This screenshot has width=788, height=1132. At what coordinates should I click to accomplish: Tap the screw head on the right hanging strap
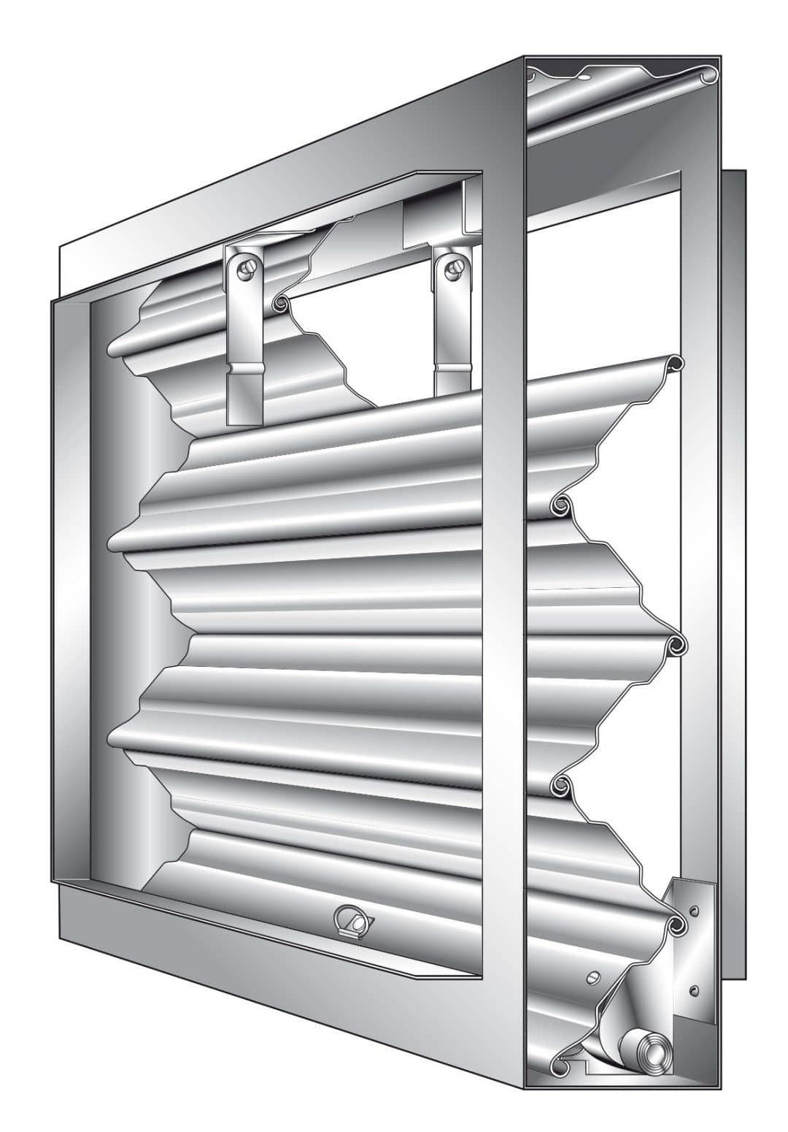pyautogui.click(x=455, y=268)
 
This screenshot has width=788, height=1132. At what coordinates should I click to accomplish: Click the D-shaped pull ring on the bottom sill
pyautogui.click(x=352, y=919)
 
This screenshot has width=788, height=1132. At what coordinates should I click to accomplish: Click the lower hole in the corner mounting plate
pyautogui.click(x=693, y=990)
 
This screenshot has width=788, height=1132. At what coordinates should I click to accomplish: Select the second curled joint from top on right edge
pyautogui.click(x=561, y=503)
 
